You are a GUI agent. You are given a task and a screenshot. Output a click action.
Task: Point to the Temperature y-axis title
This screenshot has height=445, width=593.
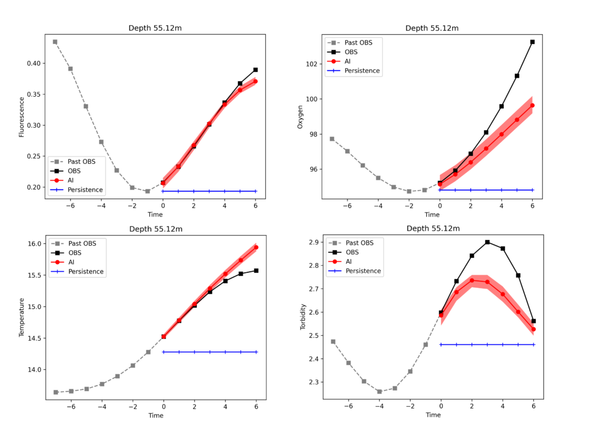pos(21,318)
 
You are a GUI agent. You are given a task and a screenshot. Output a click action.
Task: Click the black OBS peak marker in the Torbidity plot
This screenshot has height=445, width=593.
pos(487,242)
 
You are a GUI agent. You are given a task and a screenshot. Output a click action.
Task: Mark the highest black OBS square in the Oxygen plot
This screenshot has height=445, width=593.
pos(532,42)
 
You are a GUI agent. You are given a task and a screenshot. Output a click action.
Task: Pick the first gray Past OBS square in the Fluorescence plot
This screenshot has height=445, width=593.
pos(55,42)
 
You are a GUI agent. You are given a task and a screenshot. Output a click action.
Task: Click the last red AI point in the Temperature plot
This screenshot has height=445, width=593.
pos(256,247)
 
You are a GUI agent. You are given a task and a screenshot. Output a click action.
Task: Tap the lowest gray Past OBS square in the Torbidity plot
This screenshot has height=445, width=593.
pos(379,391)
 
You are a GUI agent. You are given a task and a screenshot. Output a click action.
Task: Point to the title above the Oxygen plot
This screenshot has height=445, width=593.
pos(432,28)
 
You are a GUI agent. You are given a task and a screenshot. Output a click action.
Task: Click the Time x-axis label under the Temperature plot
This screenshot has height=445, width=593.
pos(156,415)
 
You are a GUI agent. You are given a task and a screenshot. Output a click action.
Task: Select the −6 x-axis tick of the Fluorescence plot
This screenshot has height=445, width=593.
pos(70,205)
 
